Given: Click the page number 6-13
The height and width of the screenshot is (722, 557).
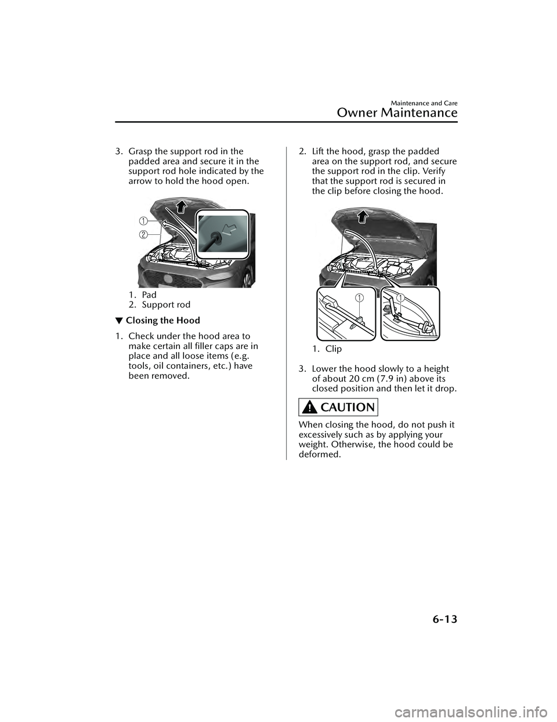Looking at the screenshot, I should tap(439, 619).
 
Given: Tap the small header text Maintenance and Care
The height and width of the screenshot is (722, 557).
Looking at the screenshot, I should tap(424, 103).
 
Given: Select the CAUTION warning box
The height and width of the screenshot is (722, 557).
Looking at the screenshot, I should tap(338, 407).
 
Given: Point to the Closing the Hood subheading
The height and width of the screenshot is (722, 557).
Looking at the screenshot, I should tap(162, 320).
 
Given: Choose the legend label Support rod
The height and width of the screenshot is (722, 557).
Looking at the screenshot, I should tap(165, 304).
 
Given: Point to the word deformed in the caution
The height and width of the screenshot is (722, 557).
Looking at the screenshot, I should tap(320, 454).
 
